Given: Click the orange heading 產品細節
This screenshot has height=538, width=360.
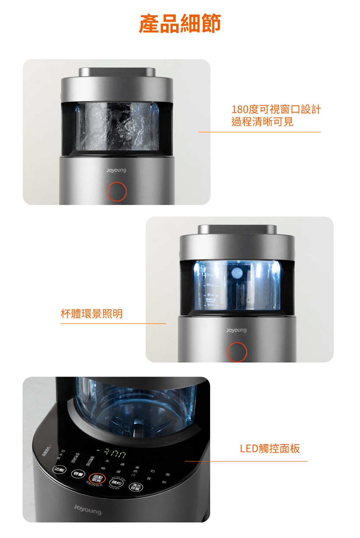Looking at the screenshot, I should tap(180, 24).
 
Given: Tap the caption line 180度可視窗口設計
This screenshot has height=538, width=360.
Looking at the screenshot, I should tap(276, 109).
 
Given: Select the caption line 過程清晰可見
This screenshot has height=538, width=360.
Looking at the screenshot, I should tap(262, 122).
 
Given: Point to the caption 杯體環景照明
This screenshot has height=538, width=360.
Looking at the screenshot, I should tap(92, 314).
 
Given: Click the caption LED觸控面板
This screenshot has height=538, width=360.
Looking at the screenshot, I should tap(270, 448).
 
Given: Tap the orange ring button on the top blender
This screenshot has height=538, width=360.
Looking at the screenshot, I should tap(117, 192).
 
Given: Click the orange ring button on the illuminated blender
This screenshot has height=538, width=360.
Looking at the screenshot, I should tap(237, 352).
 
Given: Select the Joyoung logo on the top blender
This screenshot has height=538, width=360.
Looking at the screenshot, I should tap(116, 170).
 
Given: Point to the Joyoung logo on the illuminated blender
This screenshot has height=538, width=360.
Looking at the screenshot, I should tap(236, 330).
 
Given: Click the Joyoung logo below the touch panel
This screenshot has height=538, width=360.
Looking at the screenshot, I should tap(87, 509).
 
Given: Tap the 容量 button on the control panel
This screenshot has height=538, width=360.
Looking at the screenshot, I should tap(78, 474).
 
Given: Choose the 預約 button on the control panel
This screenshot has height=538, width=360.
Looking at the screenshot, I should tap(116, 483).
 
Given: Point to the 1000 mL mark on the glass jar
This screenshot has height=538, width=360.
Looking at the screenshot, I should tap(208, 285).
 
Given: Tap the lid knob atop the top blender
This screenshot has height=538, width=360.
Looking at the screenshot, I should tap(117, 72).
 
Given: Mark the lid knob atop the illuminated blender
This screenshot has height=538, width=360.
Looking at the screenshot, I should tap(237, 229).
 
